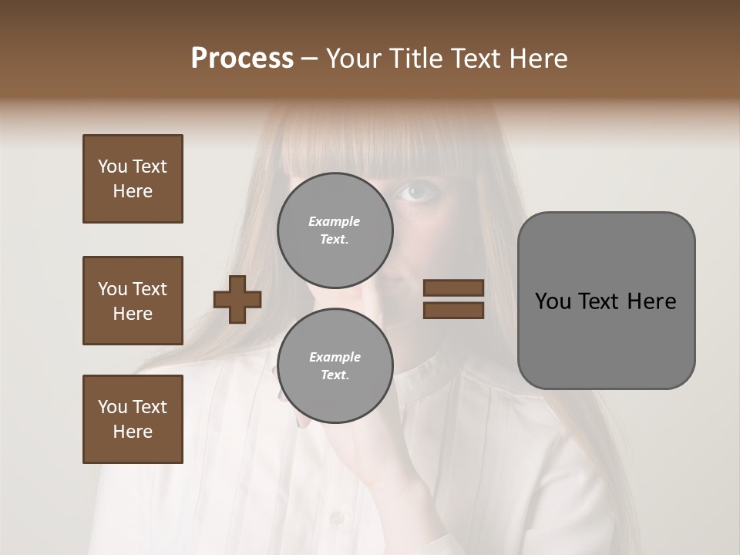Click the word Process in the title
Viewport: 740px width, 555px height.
tap(242, 59)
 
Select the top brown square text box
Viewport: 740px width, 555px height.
tap(133, 179)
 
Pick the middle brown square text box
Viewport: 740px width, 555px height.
tap(133, 301)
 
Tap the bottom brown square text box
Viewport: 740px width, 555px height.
tap(133, 419)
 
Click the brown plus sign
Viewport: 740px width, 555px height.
tap(237, 299)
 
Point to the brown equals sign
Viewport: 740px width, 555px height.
tap(453, 299)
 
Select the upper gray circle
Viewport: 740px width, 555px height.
tap(335, 230)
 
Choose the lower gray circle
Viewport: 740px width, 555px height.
tap(335, 365)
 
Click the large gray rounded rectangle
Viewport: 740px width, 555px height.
tap(606, 300)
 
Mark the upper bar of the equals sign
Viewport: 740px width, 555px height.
tap(453, 288)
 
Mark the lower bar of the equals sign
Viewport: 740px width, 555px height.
tap(453, 310)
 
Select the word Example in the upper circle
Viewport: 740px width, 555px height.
tap(335, 221)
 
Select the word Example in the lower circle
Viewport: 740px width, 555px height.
tap(335, 357)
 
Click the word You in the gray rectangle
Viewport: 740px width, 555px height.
tap(553, 301)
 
